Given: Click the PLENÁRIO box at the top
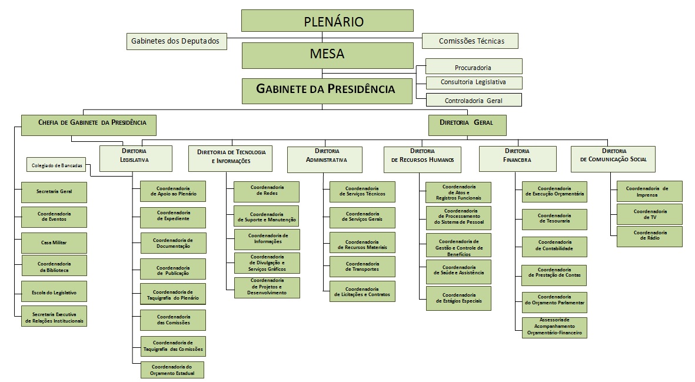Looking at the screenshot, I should [x=327, y=21].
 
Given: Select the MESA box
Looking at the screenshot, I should [x=327, y=55].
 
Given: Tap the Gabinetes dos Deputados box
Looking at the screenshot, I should [x=177, y=41].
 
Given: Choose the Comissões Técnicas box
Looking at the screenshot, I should [x=470, y=41].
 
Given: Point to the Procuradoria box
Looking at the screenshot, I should [x=473, y=67].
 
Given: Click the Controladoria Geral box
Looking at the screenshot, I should [x=473, y=100].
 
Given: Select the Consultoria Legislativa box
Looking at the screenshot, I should [x=473, y=82].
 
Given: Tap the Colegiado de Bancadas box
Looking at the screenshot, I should [x=56, y=165].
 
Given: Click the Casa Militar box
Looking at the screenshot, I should [x=54, y=243].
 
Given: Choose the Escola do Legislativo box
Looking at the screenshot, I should [x=54, y=291].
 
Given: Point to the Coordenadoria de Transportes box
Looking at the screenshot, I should [x=362, y=267].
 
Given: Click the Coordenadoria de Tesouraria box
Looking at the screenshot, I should [x=554, y=219].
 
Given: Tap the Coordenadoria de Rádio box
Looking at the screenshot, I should [x=650, y=236].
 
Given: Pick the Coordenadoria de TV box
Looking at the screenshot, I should [x=650, y=214].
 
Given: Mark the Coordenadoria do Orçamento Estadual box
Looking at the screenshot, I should [x=172, y=370].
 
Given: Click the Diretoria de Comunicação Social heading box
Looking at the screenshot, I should [x=613, y=156].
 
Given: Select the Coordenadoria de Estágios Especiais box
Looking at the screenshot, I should [x=458, y=298].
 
